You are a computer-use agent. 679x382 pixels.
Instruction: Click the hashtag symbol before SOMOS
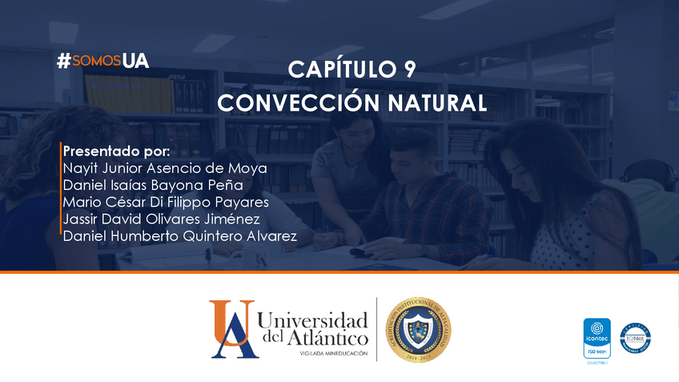[64, 61]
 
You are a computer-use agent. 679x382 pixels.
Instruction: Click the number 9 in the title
[408, 70]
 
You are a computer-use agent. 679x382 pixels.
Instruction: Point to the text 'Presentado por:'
[116, 151]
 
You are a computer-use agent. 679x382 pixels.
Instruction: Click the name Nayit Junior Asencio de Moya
[165, 168]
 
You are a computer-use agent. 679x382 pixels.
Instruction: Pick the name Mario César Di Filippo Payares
[166, 202]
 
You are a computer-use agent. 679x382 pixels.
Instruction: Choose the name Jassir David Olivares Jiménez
[161, 219]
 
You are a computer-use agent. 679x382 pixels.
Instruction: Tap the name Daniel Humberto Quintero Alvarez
[180, 235]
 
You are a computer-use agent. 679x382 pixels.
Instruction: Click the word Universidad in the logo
[313, 321]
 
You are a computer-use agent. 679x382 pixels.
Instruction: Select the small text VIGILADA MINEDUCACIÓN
[334, 353]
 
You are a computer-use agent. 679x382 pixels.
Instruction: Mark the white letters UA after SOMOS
[136, 61]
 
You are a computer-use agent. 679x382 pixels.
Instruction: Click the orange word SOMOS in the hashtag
[96, 61]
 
